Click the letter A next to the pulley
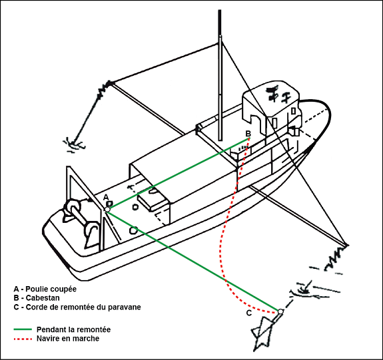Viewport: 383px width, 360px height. [x=106, y=197]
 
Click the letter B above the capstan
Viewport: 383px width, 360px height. [x=248, y=134]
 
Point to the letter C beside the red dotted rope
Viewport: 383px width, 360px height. [x=249, y=313]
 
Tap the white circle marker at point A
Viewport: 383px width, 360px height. [x=107, y=210]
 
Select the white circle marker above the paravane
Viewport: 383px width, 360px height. [x=280, y=311]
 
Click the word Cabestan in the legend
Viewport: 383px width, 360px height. [x=43, y=298]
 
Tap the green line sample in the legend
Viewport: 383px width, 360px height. [x=23, y=329]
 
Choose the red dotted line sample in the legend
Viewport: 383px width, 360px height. [x=23, y=339]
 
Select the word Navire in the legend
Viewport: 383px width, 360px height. [x=46, y=339]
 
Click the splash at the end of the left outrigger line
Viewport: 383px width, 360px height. [x=73, y=144]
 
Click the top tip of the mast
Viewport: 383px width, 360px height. [x=220, y=11]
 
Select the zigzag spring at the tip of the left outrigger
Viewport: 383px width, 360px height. [x=105, y=89]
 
